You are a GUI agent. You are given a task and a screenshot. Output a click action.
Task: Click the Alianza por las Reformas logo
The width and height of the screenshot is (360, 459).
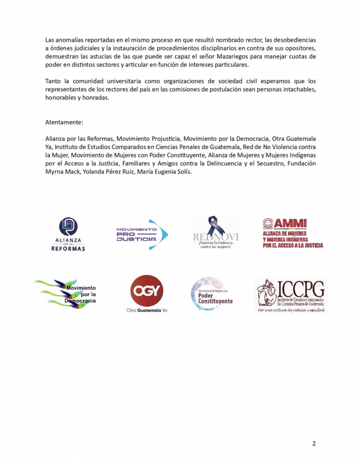pyautogui.click(x=68, y=234)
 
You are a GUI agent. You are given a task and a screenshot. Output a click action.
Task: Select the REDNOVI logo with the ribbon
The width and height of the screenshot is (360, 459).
pyautogui.click(x=216, y=233)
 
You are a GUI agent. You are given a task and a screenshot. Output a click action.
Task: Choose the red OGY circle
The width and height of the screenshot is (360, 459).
pyautogui.click(x=147, y=290)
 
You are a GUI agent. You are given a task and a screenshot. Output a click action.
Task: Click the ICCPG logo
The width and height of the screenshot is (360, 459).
pyautogui.click(x=290, y=295)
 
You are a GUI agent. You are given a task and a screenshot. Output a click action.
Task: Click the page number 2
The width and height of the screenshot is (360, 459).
pyautogui.click(x=314, y=444)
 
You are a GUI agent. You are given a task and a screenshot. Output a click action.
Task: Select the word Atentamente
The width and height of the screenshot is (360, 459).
pyautogui.click(x=64, y=122)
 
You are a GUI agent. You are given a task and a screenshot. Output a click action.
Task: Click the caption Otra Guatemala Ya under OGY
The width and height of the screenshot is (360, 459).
pyautogui.click(x=147, y=310)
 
